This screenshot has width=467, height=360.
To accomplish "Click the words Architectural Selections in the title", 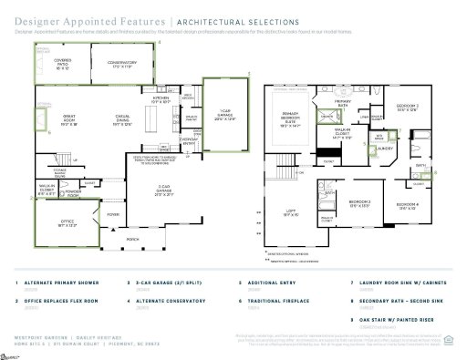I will tap(236, 20).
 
